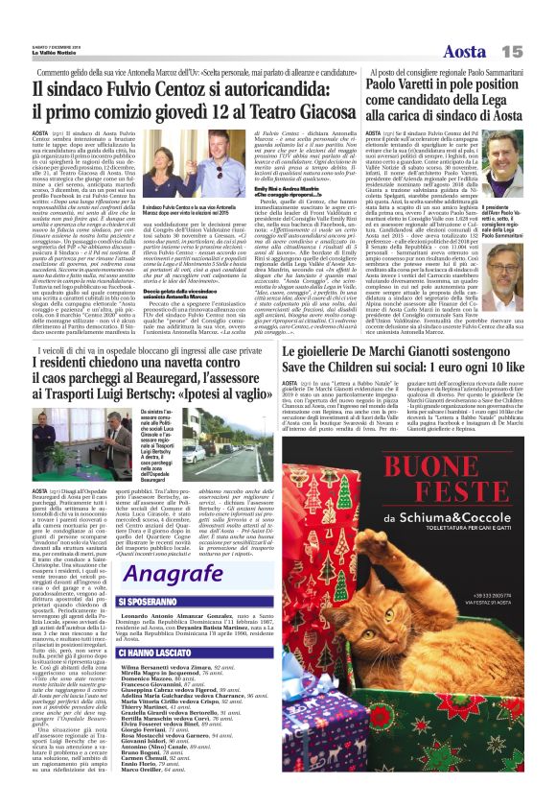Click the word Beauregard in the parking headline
[217, 390]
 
